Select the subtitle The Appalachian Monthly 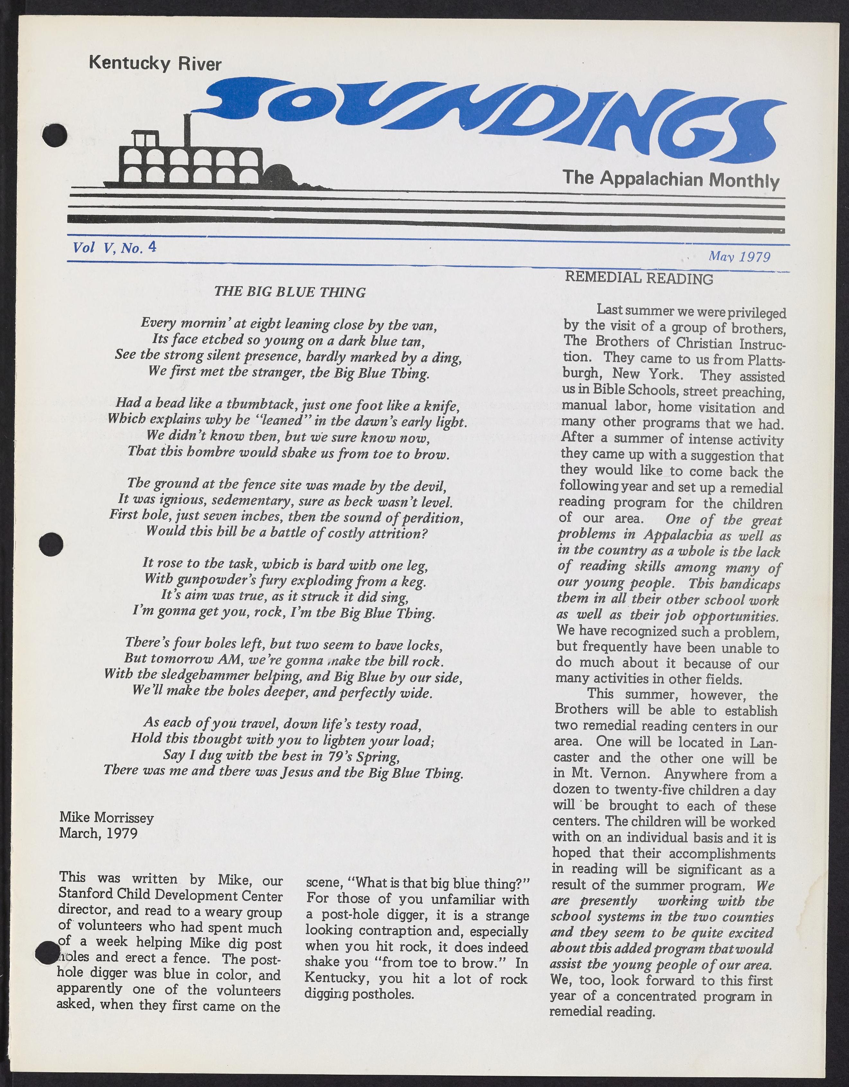[670, 179]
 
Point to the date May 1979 [739, 256]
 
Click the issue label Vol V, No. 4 [114, 247]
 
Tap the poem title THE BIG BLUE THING [290, 292]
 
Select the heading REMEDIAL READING [639, 278]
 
